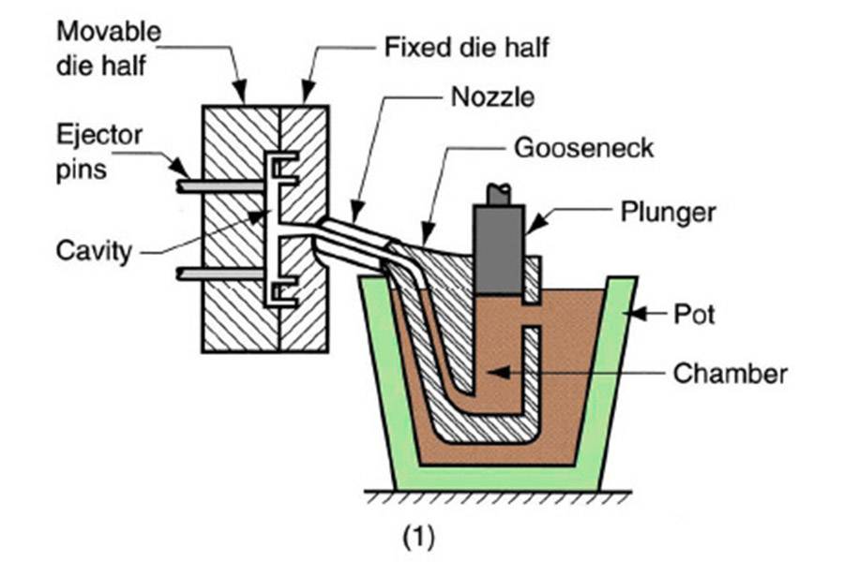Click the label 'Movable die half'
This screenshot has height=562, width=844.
(x=108, y=47)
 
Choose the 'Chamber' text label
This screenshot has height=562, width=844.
(x=730, y=374)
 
